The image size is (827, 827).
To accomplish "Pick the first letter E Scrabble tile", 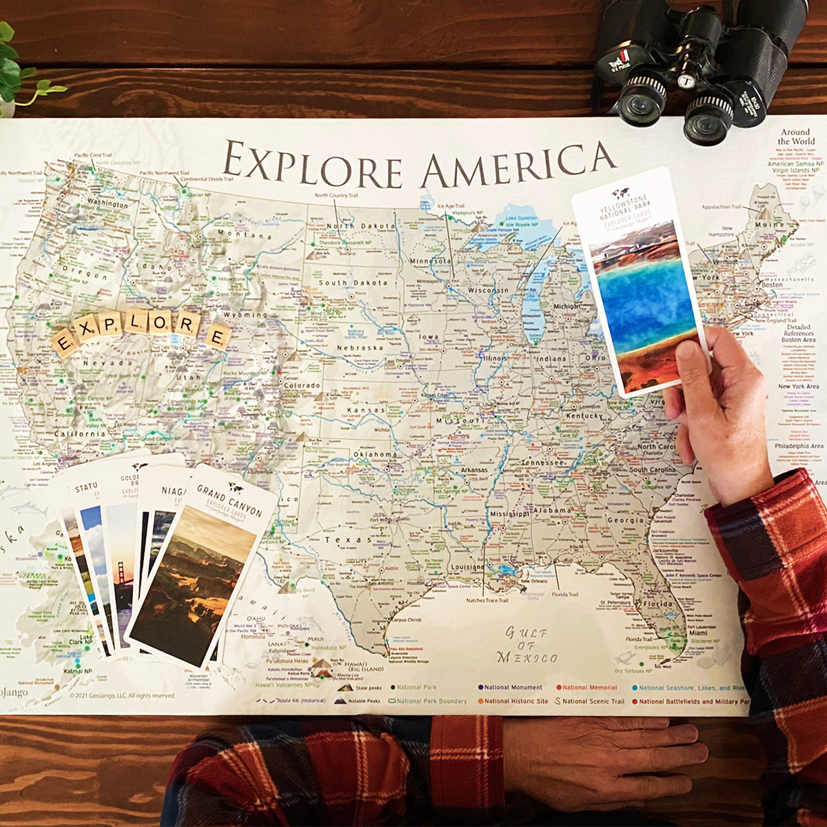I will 64,343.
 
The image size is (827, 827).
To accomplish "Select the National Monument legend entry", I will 510,687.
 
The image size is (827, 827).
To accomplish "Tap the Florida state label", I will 657,604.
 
